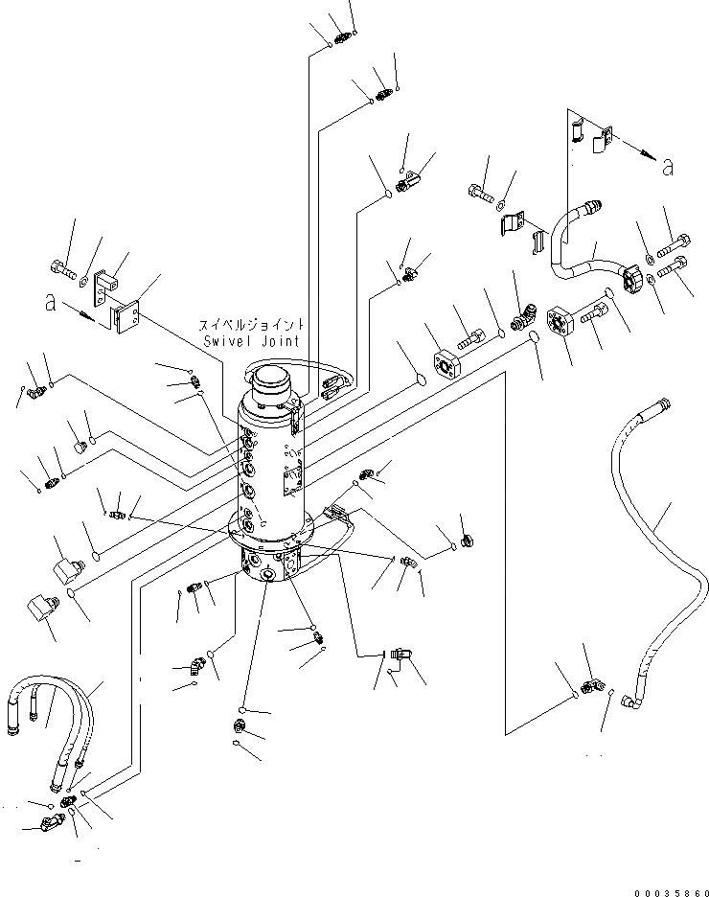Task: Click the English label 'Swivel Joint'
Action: [x=252, y=341]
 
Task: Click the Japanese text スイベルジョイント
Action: [x=251, y=325]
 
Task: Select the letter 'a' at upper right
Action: [x=667, y=167]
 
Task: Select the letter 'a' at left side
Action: [x=51, y=303]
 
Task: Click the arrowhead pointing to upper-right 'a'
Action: [x=648, y=154]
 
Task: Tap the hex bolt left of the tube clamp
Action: [x=480, y=193]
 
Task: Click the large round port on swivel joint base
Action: [x=268, y=574]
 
